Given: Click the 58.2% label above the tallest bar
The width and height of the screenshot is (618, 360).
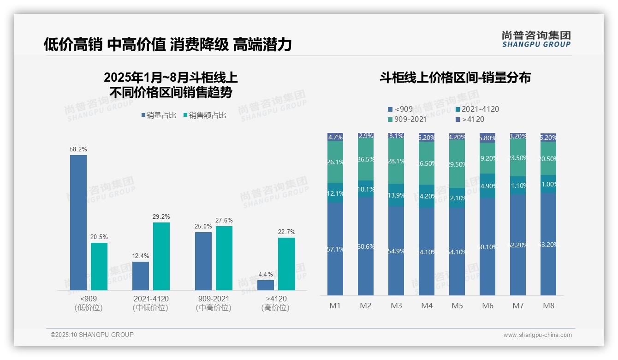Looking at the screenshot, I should coord(78,150).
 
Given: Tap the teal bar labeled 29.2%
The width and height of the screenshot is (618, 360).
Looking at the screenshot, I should coord(161,256).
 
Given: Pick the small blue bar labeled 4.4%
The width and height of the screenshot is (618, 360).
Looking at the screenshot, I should coord(266,285).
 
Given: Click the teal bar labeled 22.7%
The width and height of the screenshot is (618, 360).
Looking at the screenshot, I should coord(286,264).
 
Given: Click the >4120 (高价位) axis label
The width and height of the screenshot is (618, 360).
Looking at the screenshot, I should coord(275,303).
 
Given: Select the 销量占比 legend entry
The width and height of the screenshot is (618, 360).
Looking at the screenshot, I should coord(159,115).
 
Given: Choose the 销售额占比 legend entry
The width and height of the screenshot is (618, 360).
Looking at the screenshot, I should coord(205,115).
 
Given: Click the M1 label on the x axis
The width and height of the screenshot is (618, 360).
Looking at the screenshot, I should coord(335,306).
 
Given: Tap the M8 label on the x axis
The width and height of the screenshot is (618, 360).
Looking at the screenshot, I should coord(548,306).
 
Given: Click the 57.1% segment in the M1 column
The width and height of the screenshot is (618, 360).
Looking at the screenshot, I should coord(335,249).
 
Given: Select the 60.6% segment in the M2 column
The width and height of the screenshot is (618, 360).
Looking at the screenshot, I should coord(366,246).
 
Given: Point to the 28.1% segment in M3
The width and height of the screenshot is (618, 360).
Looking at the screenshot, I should coord(396,161).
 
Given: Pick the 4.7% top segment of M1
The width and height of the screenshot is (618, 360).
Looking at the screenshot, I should coord(335,137).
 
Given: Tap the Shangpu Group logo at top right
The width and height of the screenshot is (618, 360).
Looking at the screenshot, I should coord(536,39).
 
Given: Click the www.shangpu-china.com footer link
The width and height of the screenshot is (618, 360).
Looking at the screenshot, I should coord(537,335).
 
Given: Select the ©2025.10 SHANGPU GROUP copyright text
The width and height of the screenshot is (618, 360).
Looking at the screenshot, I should coord(92,335).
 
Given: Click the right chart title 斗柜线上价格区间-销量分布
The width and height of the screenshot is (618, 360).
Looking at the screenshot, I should coord(455,78).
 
